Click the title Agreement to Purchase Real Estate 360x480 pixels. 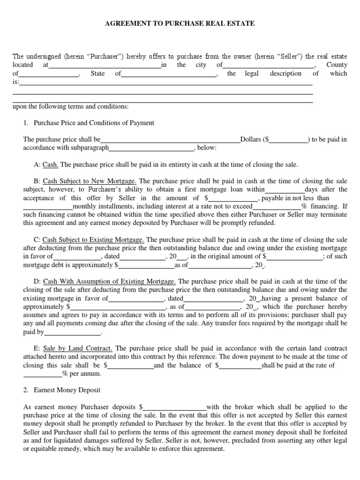click(x=180, y=23)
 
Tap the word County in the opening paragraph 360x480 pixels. click(x=337, y=65)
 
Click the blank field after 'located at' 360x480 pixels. click(x=105, y=65)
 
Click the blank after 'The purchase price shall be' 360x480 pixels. click(x=170, y=139)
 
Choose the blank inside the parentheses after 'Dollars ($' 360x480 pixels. click(x=288, y=139)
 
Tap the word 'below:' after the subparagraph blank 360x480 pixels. click(x=207, y=148)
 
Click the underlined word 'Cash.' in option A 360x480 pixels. click(x=50, y=165)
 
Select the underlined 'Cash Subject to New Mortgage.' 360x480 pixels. click(x=90, y=181)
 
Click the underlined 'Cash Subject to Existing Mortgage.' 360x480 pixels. click(x=94, y=240)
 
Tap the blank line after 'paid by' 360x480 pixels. click(x=73, y=332)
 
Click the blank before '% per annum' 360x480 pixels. click(x=42, y=374)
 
